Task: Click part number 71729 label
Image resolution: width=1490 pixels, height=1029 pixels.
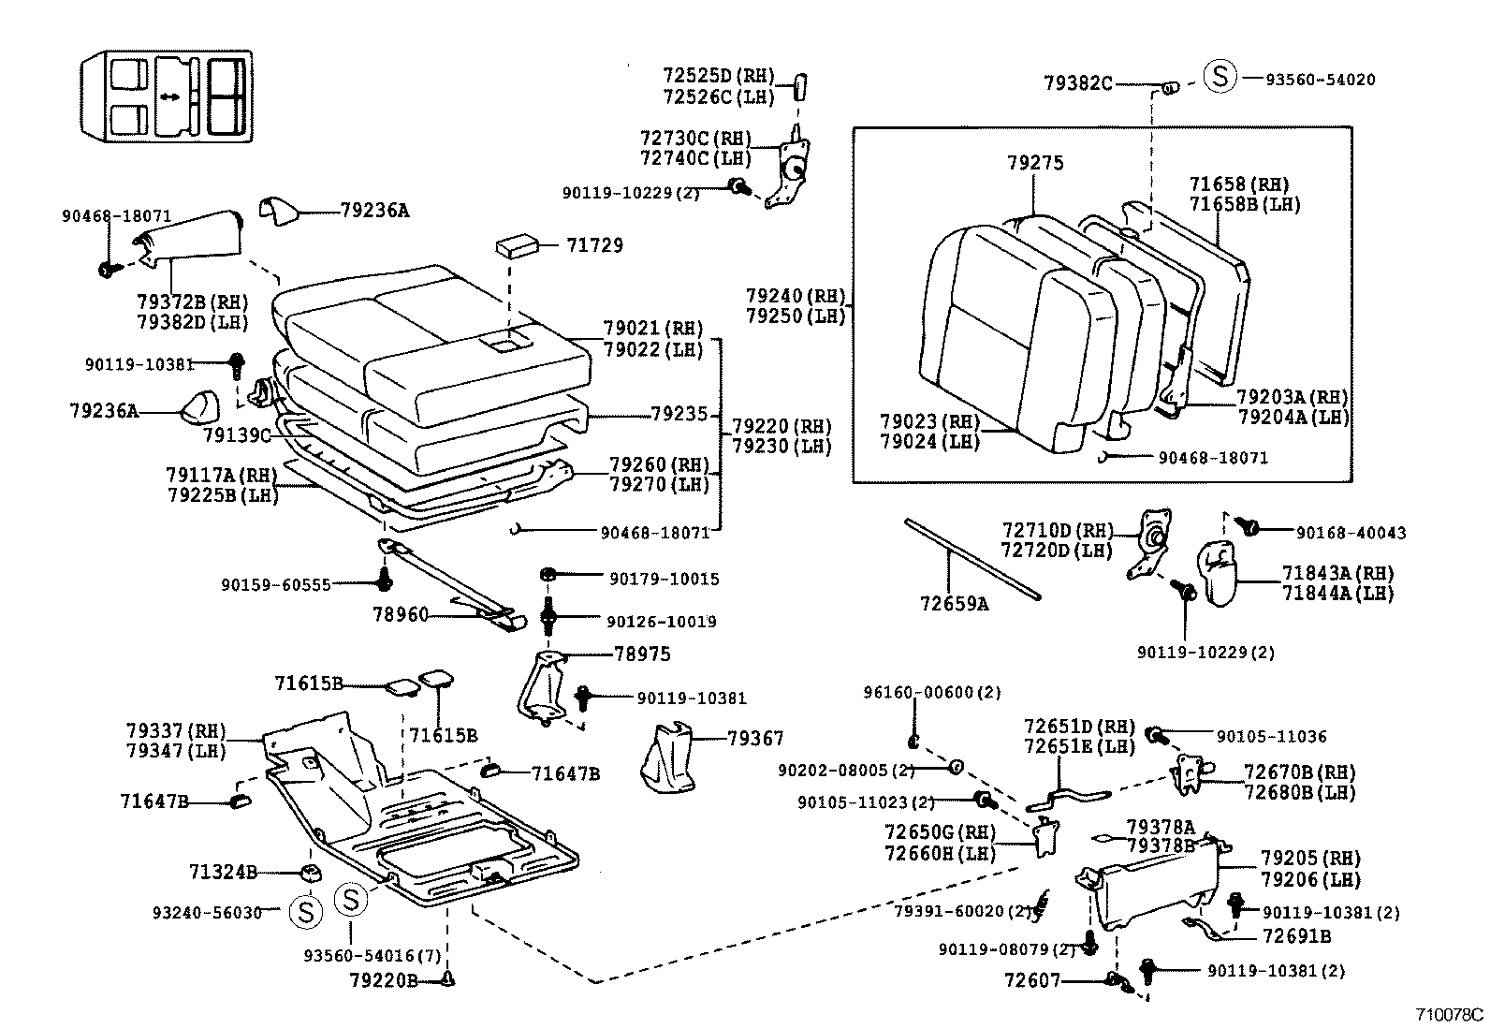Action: (x=594, y=245)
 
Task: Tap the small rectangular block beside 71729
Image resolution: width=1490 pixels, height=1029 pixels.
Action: (x=517, y=245)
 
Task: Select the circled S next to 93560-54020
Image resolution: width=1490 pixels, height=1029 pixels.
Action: (x=1220, y=75)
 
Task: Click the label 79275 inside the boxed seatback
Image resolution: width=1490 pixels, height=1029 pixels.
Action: (x=1035, y=163)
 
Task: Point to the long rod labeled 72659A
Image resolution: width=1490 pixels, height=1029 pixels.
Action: (x=973, y=558)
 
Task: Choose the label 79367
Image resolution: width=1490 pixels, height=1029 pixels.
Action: (x=755, y=739)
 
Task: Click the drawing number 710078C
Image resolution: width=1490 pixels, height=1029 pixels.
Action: (x=1449, y=1014)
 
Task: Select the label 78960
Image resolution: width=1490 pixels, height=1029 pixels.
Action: (x=400, y=615)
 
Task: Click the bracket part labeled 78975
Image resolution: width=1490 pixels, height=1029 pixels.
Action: (x=543, y=688)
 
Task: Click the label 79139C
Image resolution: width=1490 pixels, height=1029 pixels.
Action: (x=237, y=435)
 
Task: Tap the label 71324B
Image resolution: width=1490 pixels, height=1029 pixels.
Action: (x=222, y=873)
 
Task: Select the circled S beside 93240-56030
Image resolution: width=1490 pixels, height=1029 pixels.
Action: (x=306, y=911)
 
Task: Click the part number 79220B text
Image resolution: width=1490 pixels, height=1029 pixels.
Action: (x=384, y=980)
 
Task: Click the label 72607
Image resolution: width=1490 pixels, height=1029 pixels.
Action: (x=1032, y=980)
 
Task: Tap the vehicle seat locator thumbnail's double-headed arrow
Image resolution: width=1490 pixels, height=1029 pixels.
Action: (x=169, y=96)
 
